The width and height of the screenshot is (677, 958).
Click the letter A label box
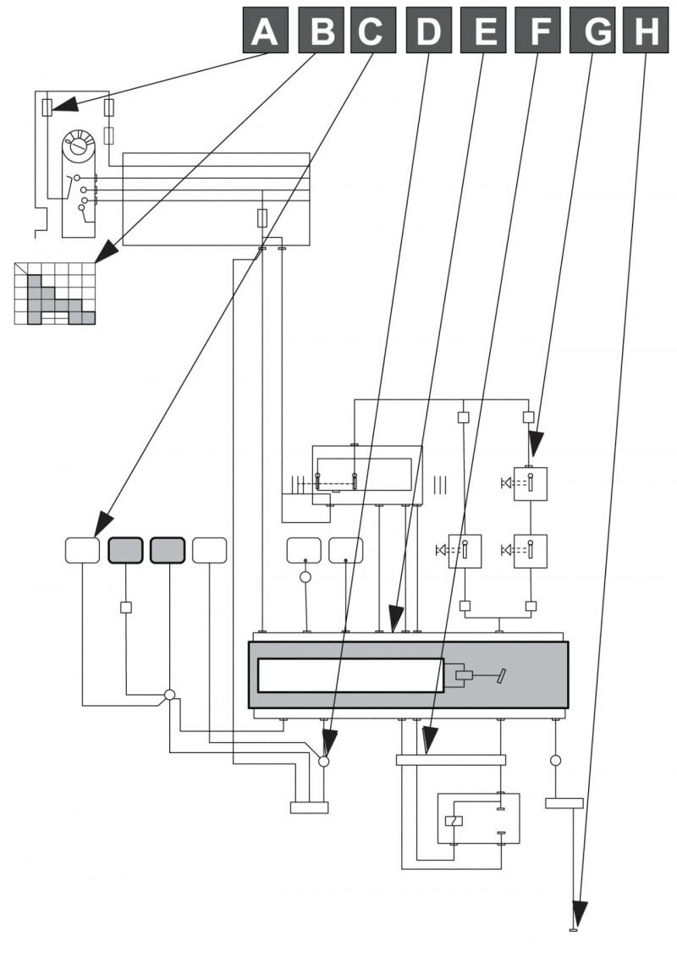point(265,30)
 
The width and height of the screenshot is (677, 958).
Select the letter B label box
point(320,30)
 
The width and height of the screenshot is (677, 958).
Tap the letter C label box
point(372,30)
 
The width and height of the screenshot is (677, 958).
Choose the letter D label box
point(428,30)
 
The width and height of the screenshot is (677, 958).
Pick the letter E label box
point(482,30)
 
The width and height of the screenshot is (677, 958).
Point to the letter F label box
point(537,30)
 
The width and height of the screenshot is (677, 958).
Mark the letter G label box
point(592,30)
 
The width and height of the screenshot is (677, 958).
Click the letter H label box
point(645,30)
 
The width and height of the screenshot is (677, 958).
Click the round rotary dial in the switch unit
point(79,146)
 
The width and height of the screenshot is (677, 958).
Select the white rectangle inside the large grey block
point(350,675)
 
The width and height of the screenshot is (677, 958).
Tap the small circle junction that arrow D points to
point(324,762)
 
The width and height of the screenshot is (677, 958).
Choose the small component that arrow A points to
point(47,108)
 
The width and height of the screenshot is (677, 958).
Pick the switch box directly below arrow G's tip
point(531,484)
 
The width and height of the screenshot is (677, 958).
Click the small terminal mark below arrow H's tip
point(573,931)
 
